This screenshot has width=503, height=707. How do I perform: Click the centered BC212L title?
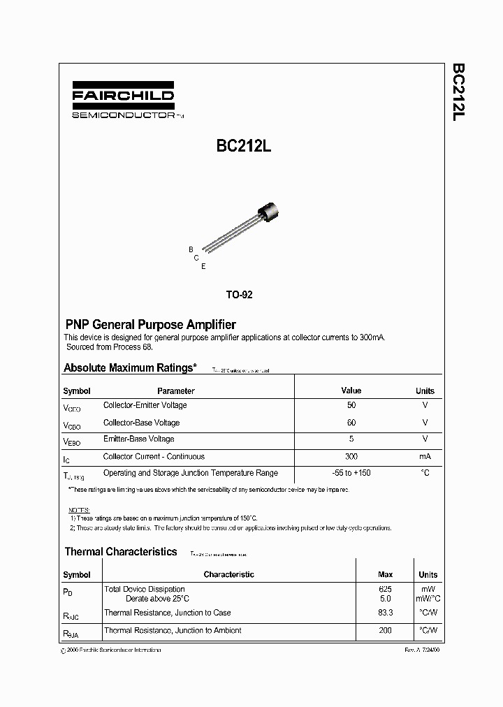pyautogui.click(x=239, y=147)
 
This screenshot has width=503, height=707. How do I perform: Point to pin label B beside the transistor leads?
pyautogui.click(x=191, y=249)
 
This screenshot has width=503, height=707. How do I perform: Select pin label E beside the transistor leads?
pyautogui.click(x=203, y=266)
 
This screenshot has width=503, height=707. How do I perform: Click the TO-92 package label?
pyautogui.click(x=239, y=295)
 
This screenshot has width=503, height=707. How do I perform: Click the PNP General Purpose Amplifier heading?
pyautogui.click(x=150, y=325)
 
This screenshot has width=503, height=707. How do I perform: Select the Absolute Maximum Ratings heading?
pyautogui.click(x=130, y=367)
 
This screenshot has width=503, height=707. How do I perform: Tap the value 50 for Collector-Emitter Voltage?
pyautogui.click(x=351, y=405)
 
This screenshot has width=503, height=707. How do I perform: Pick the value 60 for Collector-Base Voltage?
pyautogui.click(x=351, y=423)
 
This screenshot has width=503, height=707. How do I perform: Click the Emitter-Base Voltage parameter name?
pyautogui.click(x=138, y=439)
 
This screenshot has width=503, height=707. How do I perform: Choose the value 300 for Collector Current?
pyautogui.click(x=351, y=457)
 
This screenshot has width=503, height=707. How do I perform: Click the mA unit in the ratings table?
pyautogui.click(x=425, y=457)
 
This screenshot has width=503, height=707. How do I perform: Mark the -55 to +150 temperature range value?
pyautogui.click(x=351, y=473)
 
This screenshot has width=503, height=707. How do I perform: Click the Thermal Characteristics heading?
pyautogui.click(x=121, y=552)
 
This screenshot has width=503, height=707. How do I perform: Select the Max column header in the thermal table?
pyautogui.click(x=385, y=574)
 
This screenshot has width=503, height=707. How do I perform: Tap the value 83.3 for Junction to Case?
pyautogui.click(x=385, y=613)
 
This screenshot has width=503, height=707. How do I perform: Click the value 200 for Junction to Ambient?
pyautogui.click(x=385, y=630)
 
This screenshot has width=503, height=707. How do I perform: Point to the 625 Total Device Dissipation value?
pyautogui.click(x=385, y=590)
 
